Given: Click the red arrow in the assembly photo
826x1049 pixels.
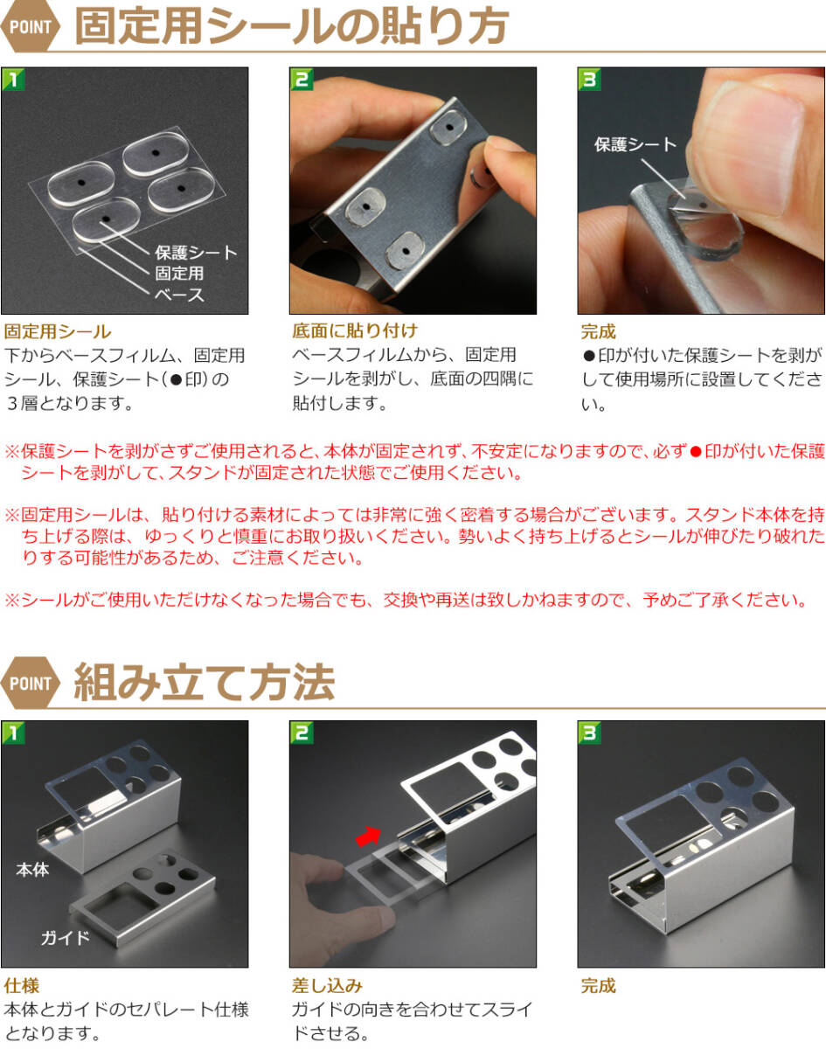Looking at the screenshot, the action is pos(369,836).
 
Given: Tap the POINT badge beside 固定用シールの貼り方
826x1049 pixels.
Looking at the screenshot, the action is pos(31,26).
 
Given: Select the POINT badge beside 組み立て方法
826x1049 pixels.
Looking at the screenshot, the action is pos(31,683).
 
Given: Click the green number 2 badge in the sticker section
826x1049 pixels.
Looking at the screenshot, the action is pos(302,79).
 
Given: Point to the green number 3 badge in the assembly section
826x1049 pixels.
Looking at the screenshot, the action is pos(589,733).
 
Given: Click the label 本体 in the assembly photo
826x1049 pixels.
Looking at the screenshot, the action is pos(32,869).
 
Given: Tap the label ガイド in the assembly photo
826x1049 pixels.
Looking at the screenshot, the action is pos(66,937).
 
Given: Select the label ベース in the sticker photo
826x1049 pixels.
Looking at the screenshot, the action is pos(179,295).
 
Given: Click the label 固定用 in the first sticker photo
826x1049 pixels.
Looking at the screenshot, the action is pos(179,273).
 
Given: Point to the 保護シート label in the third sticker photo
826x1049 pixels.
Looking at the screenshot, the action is pos(635,144).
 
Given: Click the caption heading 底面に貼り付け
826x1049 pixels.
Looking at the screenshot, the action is pos(355,331).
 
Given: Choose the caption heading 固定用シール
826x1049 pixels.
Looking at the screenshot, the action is pos(58,331).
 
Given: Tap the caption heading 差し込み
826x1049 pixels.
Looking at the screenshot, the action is pos(327,986).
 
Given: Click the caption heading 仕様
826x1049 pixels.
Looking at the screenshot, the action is pos(22,986).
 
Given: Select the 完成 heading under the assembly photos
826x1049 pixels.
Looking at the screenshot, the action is pos(598,986).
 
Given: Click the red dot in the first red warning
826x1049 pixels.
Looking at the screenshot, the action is pos(696,452).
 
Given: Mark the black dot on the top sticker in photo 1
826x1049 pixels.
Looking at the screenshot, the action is pos(156,153).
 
